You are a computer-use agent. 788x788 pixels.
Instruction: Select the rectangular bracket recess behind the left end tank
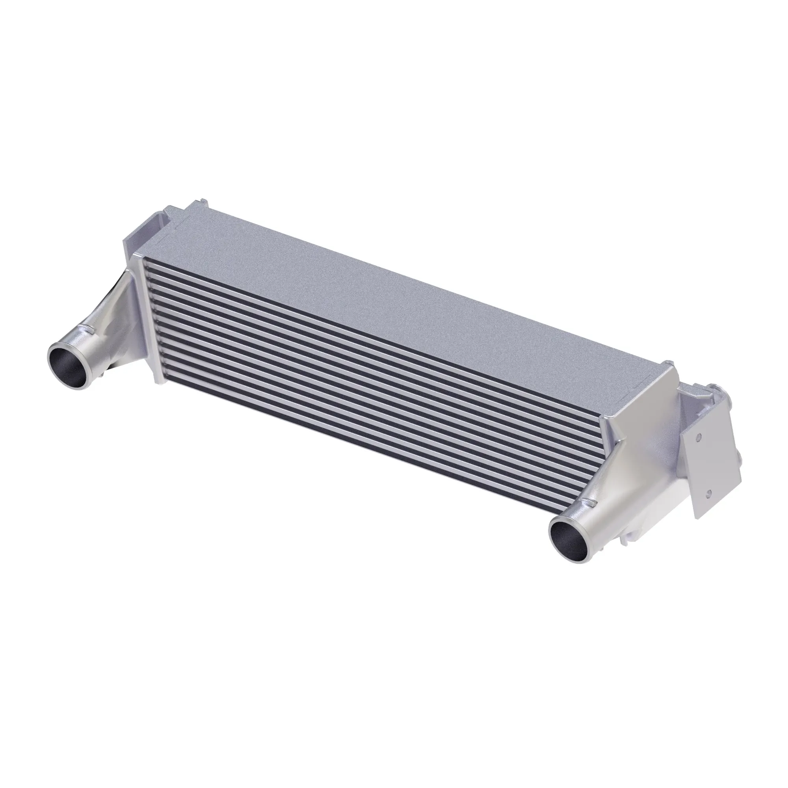tap(149, 232)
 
